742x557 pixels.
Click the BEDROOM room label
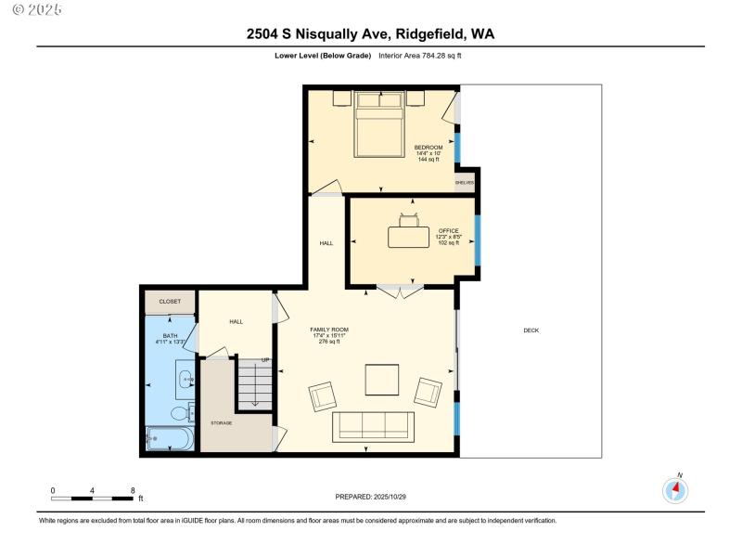coord(429,148)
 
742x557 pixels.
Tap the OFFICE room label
coord(449,230)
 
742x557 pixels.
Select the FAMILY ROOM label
coord(329,330)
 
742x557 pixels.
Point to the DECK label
coord(531,330)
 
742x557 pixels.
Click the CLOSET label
coord(170,301)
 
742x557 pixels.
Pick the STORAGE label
coord(222,423)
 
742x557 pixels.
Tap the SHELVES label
coord(465,182)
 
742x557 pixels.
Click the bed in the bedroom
coord(379,124)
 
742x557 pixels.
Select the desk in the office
coord(408,238)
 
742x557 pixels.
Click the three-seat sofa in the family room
coord(374,427)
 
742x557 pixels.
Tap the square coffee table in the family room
coord(382,380)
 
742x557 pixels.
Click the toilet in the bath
coord(182,413)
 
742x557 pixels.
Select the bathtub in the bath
coord(170,439)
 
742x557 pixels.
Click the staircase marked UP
coord(254,384)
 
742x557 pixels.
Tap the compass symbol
coord(675,490)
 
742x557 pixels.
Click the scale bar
coord(92,499)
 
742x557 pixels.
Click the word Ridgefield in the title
coord(430,34)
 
